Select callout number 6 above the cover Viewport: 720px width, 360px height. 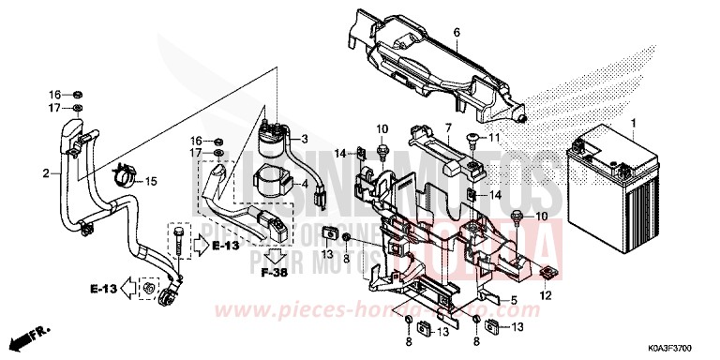[457, 34]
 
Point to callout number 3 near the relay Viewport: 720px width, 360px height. [304, 138]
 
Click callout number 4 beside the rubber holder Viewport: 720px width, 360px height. [304, 185]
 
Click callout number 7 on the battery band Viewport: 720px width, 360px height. [449, 127]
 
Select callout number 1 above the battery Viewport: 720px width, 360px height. [634, 123]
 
